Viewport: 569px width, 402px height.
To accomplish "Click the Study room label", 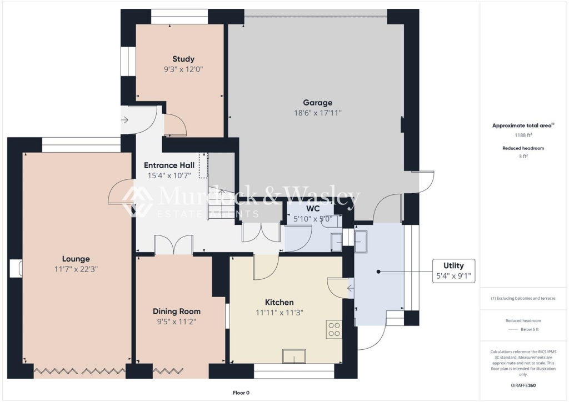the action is coord(183,59).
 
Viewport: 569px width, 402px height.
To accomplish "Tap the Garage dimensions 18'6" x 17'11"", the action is coord(317,113).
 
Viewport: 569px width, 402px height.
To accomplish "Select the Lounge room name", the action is coord(76,259).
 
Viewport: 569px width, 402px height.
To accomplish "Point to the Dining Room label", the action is coord(176,311).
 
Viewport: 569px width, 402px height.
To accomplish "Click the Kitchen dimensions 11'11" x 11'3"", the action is coord(279,313).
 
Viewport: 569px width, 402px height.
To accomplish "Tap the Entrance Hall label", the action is coord(169,165).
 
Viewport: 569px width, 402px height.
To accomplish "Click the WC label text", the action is coord(313,208).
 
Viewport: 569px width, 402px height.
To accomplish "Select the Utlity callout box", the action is coord(453,271).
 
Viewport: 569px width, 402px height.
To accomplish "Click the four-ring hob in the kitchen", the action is coord(334,329).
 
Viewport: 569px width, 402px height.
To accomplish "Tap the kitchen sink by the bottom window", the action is coord(294,356).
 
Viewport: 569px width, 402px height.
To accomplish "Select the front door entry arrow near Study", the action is coord(124,119).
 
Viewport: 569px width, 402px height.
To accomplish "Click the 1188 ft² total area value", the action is coord(523,135).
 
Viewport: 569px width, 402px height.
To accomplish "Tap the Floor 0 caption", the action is coord(241,393).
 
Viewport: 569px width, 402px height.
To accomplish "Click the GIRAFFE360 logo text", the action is coord(523,385).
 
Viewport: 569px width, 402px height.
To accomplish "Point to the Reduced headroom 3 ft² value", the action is coord(523,156).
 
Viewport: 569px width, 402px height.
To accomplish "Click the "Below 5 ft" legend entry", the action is coord(530,329).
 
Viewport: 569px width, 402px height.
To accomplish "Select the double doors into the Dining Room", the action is coord(174,245).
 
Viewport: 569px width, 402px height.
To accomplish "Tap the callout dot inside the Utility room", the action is coord(378,272).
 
